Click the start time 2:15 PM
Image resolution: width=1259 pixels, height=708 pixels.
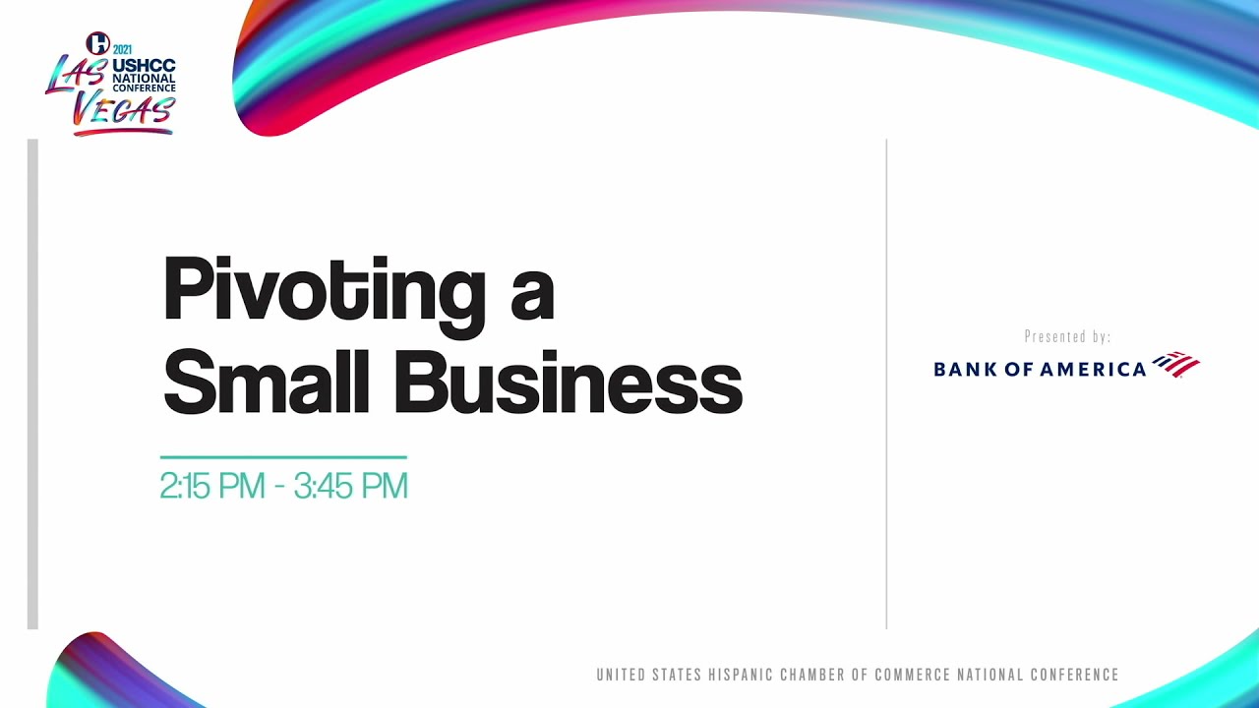point(212,486)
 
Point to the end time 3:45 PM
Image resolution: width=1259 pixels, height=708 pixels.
point(350,486)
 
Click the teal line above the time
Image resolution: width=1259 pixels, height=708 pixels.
point(283,457)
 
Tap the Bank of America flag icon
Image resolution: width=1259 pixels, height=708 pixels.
point(1176,364)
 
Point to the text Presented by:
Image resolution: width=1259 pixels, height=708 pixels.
point(1067,337)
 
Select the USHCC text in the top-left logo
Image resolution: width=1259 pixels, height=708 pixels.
point(144,65)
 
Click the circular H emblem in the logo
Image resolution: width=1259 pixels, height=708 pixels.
point(97,43)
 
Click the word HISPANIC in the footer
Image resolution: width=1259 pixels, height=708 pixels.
point(740,676)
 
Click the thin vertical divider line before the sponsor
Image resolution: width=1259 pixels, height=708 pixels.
point(886,383)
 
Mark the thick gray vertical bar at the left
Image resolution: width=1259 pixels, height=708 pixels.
point(32,383)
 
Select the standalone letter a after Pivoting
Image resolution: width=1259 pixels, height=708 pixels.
point(532,295)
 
